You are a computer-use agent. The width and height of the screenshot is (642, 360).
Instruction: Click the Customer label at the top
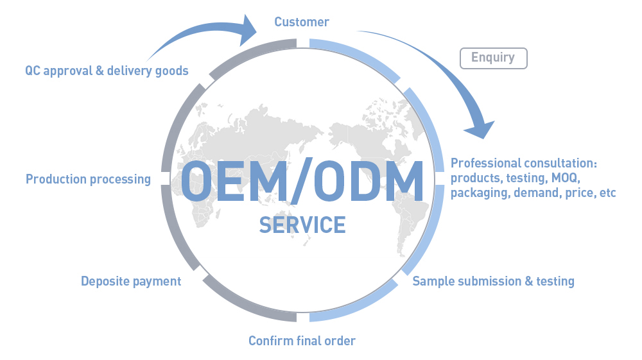point(302,22)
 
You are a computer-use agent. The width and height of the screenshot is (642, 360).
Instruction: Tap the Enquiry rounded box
point(493,58)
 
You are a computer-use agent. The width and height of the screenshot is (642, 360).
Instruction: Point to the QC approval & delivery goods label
point(107,71)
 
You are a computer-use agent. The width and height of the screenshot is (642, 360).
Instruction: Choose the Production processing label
point(88,179)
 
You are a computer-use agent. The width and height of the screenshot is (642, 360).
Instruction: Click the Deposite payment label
point(131,281)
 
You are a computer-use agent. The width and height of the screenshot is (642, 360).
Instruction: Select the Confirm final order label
point(302,340)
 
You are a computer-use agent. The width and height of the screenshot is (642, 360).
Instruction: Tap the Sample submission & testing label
point(493,281)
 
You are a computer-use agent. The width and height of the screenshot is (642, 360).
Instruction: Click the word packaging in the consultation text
point(480,193)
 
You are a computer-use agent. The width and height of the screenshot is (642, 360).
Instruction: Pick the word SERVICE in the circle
point(302,225)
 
